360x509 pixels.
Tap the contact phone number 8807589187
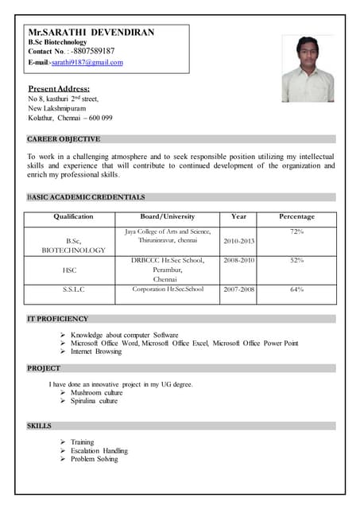click(93, 52)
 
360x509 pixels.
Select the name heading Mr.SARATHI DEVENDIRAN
click(91, 33)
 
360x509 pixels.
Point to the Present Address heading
click(59, 88)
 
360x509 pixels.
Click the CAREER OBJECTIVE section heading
click(64, 139)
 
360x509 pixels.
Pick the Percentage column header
click(296, 216)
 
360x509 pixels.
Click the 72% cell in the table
click(296, 231)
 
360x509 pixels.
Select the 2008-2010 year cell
click(238, 260)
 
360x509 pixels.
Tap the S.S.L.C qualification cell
click(73, 289)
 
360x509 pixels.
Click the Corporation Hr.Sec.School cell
click(168, 289)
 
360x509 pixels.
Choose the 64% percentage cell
click(296, 289)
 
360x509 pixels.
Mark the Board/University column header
click(168, 216)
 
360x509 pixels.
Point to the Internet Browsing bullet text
click(96, 352)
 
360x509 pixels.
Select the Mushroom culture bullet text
click(97, 393)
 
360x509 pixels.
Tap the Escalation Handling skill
click(99, 451)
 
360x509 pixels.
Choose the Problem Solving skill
click(95, 460)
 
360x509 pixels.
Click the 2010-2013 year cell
click(238, 241)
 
